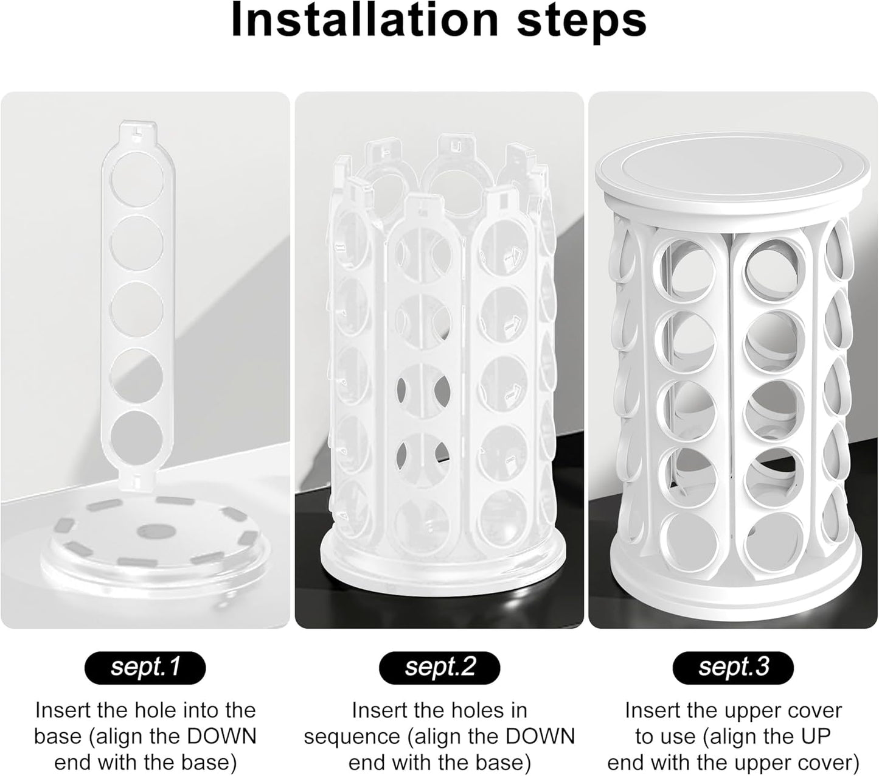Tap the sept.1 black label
(145, 667)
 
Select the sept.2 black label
(439, 667)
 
